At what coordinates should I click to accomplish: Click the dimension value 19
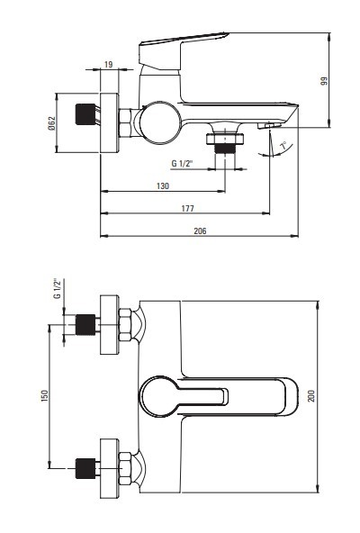point(108,64)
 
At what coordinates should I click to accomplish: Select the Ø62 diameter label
point(51,123)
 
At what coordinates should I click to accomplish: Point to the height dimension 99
point(324,80)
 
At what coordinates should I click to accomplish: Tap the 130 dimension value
point(163,186)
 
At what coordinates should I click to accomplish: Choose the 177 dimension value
point(187,208)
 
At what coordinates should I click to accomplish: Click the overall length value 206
point(200,230)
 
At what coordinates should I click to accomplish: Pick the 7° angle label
point(283,146)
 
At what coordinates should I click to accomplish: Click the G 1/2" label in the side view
point(182,164)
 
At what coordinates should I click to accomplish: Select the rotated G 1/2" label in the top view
point(58,288)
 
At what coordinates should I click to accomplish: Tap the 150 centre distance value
point(44,396)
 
